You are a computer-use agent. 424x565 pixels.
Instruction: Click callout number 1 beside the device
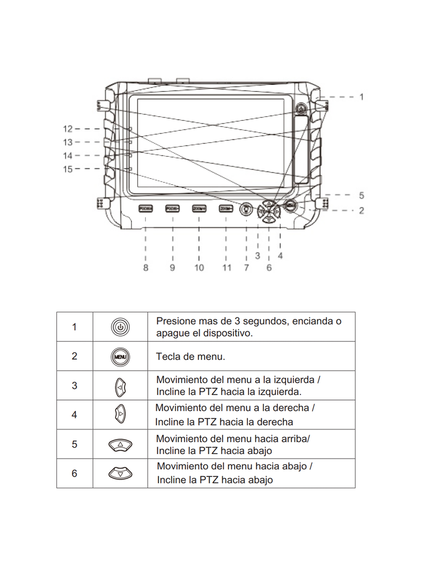(x=362, y=97)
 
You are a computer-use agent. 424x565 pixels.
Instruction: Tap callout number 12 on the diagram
(x=67, y=129)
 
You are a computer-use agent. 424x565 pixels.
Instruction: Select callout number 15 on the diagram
(x=67, y=169)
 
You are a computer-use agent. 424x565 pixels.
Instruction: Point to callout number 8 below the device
(x=146, y=268)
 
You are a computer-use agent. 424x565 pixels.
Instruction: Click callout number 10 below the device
(x=199, y=268)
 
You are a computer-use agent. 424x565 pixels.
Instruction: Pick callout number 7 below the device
(x=246, y=268)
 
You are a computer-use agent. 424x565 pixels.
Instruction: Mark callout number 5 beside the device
(x=362, y=195)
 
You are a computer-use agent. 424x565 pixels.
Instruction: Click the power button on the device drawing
(x=300, y=109)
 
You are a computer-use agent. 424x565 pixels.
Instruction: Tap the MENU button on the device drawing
(x=292, y=206)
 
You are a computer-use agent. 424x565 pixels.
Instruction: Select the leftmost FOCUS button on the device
(x=146, y=208)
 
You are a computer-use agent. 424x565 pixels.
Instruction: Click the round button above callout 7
(x=246, y=209)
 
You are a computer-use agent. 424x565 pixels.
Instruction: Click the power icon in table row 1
(x=120, y=327)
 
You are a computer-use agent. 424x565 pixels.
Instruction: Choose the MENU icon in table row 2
(x=120, y=356)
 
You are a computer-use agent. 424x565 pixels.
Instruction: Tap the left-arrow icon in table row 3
(x=120, y=386)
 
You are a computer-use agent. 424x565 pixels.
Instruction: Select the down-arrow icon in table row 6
(x=120, y=473)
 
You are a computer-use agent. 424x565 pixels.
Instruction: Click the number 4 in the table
(x=75, y=415)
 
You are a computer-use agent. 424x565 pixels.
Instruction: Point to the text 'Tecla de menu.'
(x=190, y=356)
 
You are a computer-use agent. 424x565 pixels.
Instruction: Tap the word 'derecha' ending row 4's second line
(x=274, y=422)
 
